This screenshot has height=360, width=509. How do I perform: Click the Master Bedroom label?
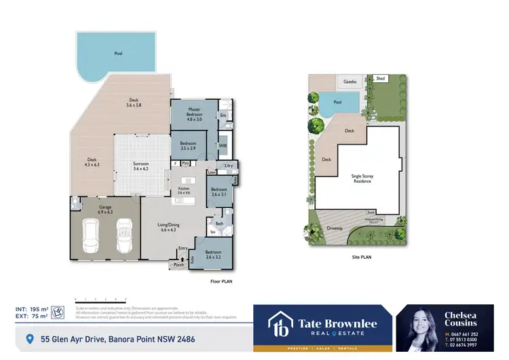194,112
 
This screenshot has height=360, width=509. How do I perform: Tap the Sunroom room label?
140,165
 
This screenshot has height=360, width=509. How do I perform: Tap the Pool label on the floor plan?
117,52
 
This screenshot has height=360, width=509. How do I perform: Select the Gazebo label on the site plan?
350,80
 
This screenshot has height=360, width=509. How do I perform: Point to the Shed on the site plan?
380,79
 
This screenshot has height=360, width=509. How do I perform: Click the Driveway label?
336,228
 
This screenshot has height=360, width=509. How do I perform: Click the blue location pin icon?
29,337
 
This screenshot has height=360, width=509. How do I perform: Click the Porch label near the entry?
178,265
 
